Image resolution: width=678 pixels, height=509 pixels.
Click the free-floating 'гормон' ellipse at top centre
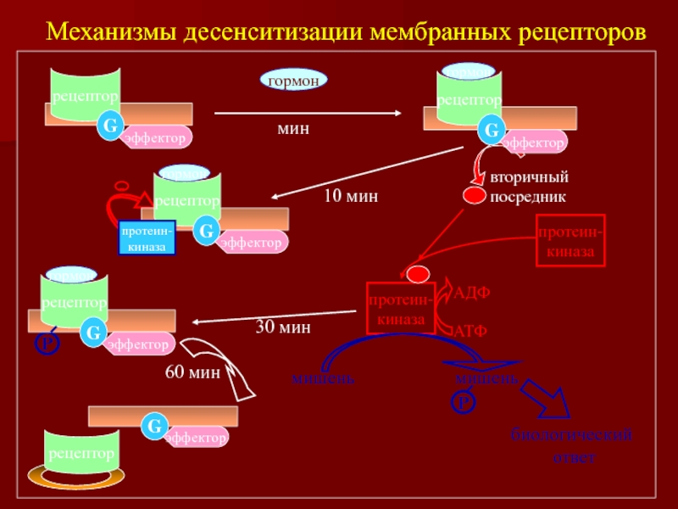click(293, 81)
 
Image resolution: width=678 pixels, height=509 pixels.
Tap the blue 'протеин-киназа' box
click(147, 238)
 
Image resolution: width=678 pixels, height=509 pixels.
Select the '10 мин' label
click(350, 196)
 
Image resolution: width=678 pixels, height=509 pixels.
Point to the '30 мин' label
click(283, 327)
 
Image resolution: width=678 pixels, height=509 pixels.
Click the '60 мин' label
click(193, 372)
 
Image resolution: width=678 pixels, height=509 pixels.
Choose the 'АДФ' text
click(472, 293)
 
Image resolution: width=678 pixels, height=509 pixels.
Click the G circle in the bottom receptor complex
click(154, 427)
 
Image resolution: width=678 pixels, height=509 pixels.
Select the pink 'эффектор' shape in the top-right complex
click(534, 143)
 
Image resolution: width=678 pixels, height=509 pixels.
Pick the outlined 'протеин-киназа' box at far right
click(571, 242)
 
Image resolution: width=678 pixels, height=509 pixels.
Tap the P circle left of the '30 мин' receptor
click(47, 343)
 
